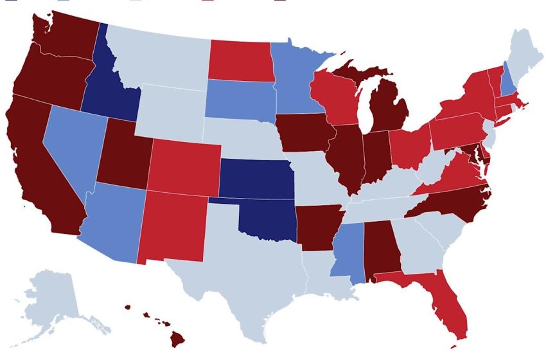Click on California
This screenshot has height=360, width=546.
[x=39, y=167]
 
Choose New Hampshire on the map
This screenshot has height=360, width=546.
[x=509, y=80]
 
